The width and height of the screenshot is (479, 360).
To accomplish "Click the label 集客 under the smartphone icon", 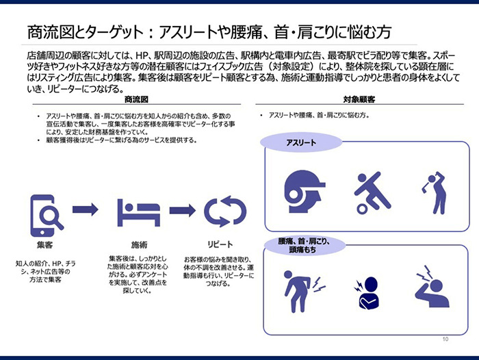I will point(46,244).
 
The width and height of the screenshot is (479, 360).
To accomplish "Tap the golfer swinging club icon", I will point(435,192).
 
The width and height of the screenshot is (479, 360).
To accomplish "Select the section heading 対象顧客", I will point(359,100).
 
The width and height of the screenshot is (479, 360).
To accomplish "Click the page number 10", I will point(445,339).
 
